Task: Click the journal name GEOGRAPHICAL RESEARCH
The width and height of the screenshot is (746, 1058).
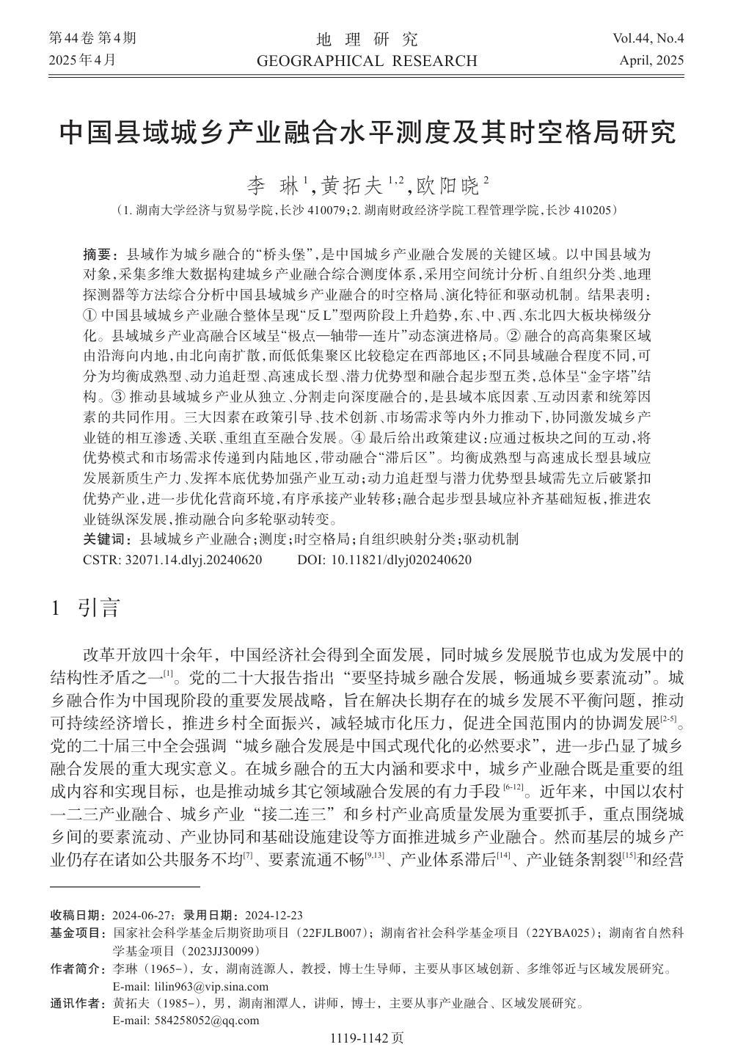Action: coord(367,60)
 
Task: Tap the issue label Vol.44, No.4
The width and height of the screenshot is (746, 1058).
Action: coord(643,39)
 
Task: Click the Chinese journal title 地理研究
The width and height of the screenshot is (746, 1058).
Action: coord(367,39)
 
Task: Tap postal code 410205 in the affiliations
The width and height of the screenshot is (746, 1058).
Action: coord(589,210)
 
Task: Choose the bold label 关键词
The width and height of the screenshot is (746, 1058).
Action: coord(106,539)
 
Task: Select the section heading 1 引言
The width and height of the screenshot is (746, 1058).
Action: coord(84,608)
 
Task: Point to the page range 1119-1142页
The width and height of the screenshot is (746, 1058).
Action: coord(367,1038)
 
